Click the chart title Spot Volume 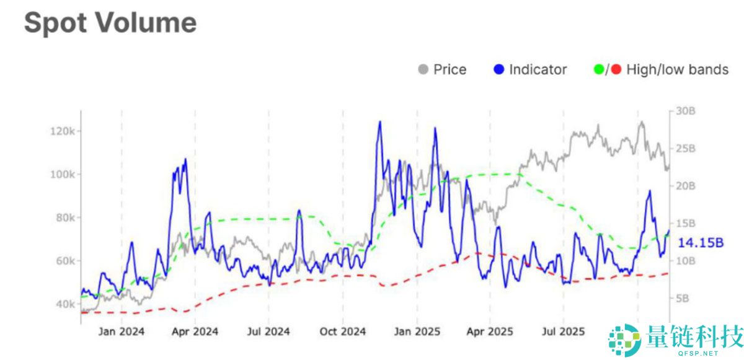tap(110, 23)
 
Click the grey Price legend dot tap(423, 69)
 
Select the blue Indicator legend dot tap(499, 69)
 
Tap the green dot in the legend tap(599, 69)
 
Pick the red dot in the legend tap(616, 69)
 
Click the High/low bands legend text tap(677, 69)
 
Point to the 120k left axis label tap(63, 131)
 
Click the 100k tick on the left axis tap(63, 175)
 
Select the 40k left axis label tap(65, 304)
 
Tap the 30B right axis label tap(686, 112)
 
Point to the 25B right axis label tap(686, 149)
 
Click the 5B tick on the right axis tap(683, 298)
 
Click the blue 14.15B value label tap(701, 242)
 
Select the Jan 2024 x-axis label tap(121, 331)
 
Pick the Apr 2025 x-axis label tap(489, 331)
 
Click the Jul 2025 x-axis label tap(562, 331)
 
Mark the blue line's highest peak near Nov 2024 tap(379, 122)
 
